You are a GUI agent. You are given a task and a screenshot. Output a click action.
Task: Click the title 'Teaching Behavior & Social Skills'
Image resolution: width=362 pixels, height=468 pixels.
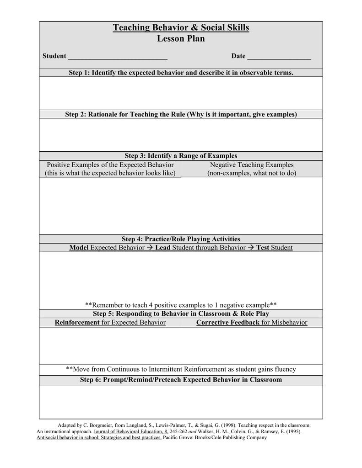click(x=181, y=28)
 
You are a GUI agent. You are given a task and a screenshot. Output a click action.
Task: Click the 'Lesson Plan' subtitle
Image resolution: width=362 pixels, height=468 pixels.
click(x=181, y=39)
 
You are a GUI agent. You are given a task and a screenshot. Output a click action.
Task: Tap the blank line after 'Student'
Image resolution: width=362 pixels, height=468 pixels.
click(x=118, y=57)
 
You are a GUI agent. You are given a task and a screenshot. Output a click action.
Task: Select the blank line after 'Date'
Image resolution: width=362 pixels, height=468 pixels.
click(x=279, y=57)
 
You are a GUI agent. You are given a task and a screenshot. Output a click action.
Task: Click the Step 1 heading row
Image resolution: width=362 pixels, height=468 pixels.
click(x=181, y=73)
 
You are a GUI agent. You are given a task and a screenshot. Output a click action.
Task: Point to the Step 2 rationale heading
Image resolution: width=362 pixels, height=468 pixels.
click(x=181, y=114)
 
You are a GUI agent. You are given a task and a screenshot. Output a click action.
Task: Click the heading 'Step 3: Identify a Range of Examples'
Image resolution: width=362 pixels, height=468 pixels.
click(x=181, y=156)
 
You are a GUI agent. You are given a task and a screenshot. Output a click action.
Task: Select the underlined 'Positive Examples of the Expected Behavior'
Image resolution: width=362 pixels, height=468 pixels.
click(x=110, y=165)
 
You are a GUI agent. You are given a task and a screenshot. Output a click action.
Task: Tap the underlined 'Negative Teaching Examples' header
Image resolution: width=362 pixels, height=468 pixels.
click(x=252, y=165)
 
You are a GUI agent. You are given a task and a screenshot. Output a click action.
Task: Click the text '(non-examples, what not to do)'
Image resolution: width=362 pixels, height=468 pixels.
click(x=252, y=173)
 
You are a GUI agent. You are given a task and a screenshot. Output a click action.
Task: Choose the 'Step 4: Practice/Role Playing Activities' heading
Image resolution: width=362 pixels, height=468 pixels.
click(x=181, y=239)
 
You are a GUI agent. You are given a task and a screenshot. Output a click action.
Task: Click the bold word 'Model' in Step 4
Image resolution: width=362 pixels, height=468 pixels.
click(x=79, y=248)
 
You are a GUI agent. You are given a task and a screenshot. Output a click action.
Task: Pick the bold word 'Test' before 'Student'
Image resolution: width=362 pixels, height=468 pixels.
click(x=262, y=248)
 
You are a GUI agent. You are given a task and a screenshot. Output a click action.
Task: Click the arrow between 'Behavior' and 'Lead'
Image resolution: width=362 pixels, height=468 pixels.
click(x=150, y=248)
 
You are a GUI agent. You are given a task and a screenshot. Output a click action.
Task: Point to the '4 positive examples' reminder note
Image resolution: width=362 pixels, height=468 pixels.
click(x=181, y=305)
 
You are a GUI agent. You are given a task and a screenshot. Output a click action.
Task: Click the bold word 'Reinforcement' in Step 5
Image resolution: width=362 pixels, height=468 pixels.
click(x=77, y=323)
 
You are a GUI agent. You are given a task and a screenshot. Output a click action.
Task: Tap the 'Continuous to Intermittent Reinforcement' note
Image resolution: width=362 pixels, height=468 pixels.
click(x=181, y=369)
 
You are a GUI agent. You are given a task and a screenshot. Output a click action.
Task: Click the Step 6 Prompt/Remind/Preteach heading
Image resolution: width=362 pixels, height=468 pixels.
click(x=181, y=380)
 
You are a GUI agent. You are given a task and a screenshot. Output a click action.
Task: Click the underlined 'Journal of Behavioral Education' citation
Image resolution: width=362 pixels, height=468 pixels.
click(x=130, y=431)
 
